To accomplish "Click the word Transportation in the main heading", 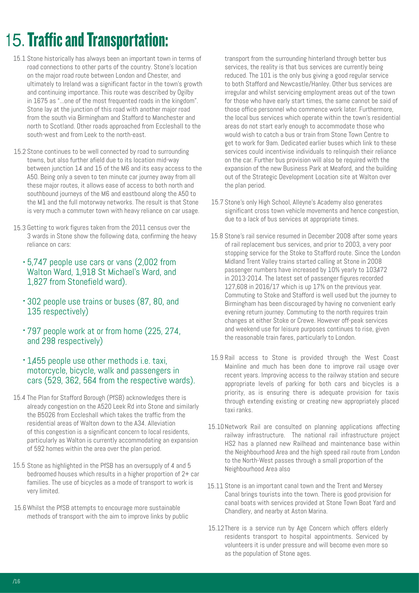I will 127,40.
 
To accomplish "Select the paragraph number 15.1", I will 19,59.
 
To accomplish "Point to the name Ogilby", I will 185,93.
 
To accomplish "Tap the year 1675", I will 41,101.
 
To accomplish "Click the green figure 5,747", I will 37,262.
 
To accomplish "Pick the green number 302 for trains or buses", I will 34,302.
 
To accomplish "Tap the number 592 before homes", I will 39,449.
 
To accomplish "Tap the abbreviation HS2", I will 230,444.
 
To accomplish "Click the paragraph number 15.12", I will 216,528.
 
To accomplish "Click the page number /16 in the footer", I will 16,581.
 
